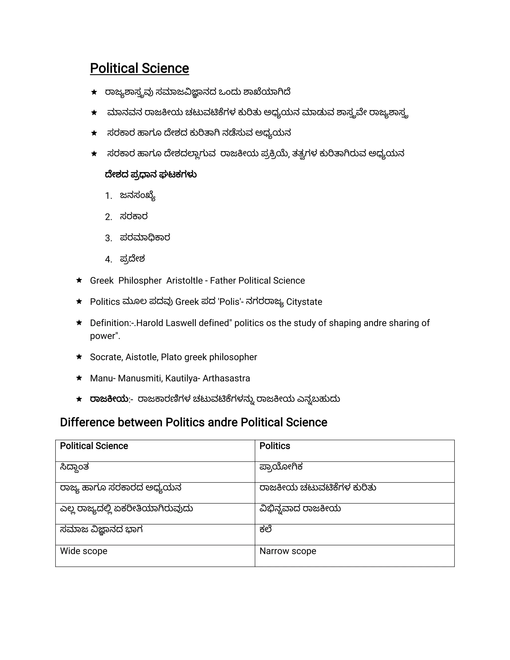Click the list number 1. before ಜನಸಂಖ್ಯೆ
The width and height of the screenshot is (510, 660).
coord(109,196)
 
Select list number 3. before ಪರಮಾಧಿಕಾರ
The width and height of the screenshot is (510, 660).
coord(109,238)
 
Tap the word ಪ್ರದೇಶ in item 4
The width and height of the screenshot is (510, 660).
coord(132,259)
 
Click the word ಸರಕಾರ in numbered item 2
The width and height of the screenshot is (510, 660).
coord(133,217)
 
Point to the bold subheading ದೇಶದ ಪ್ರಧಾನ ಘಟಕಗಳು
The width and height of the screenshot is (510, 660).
coord(150,175)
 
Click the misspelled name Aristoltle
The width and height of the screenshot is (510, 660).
coord(184,281)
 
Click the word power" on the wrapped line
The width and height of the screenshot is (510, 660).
coord(105,336)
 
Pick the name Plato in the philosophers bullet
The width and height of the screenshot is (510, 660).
coord(171,357)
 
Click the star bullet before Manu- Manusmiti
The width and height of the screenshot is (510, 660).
coord(79,378)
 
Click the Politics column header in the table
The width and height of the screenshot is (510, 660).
coord(274,446)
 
